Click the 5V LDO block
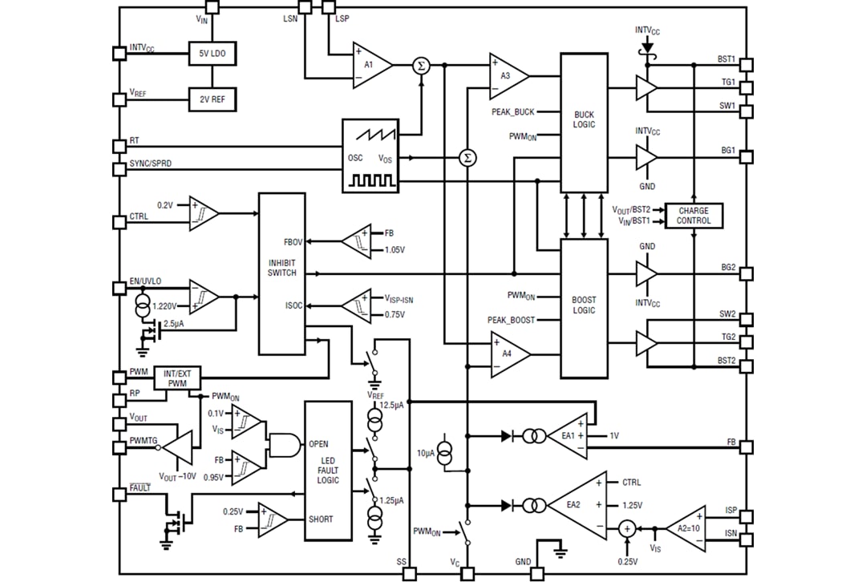pos(212,54)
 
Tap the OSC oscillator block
pos(370,156)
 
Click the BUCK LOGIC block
pos(584,122)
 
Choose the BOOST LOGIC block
pos(584,308)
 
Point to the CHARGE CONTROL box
pos(693,216)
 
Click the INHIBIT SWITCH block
pos(281,273)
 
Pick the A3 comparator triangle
pos(508,75)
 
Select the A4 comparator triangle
pos(508,354)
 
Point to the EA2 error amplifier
pos(576,506)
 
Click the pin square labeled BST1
pos(747,64)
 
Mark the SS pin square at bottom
pos(410,574)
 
